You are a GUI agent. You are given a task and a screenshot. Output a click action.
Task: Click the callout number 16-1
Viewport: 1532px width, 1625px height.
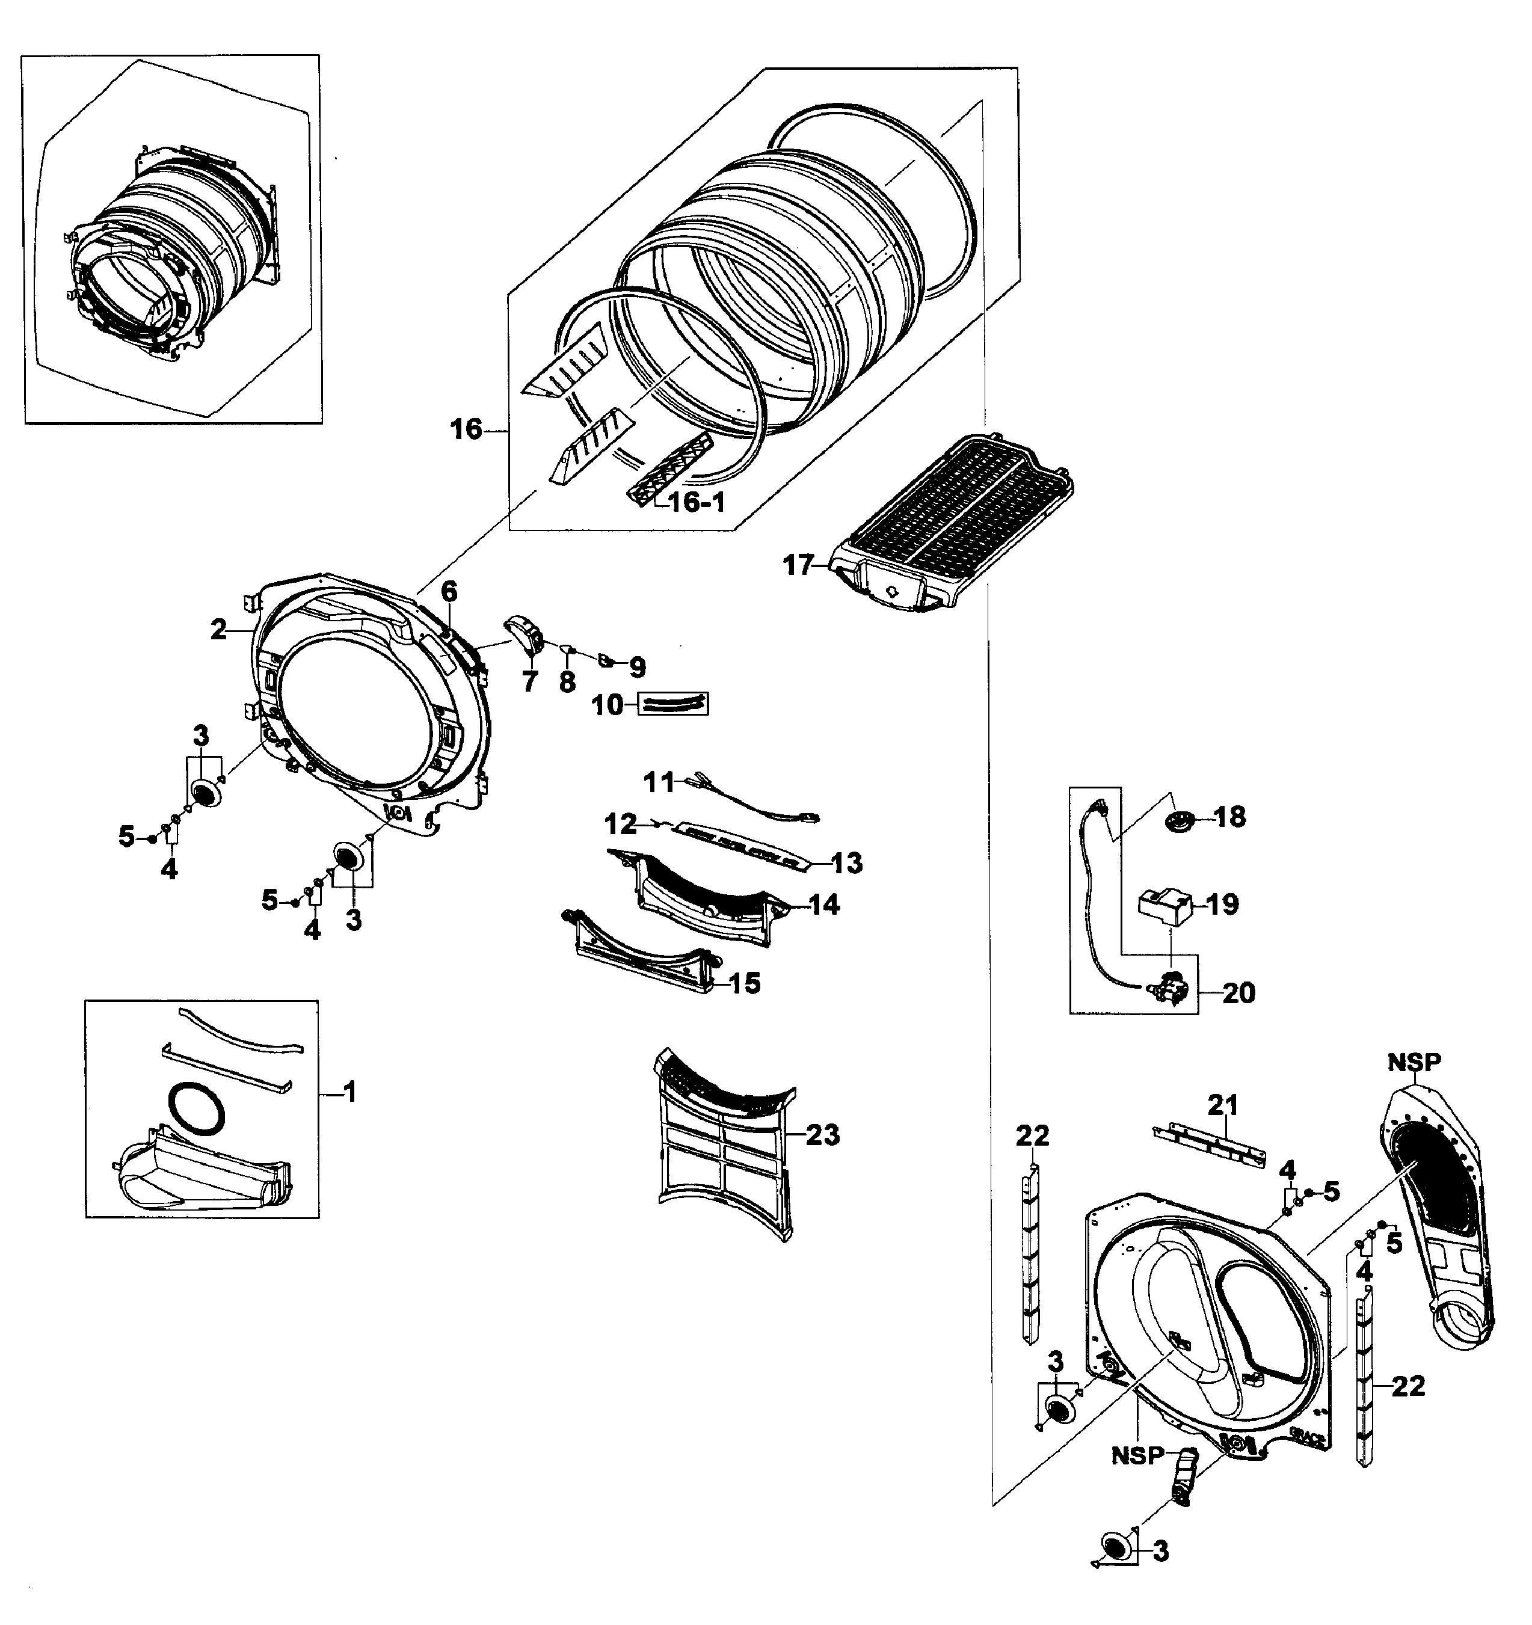[697, 503]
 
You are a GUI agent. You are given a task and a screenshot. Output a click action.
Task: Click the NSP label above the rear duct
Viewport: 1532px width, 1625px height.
[1414, 1062]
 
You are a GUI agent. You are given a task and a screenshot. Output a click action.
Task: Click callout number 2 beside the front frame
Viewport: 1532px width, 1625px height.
[218, 630]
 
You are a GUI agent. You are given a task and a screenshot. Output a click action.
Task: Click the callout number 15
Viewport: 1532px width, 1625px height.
[744, 983]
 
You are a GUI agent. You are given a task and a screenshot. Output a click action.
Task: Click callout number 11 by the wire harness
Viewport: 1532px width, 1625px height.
[658, 782]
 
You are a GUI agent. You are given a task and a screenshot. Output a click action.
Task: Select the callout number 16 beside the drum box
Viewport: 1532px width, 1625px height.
[467, 429]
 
